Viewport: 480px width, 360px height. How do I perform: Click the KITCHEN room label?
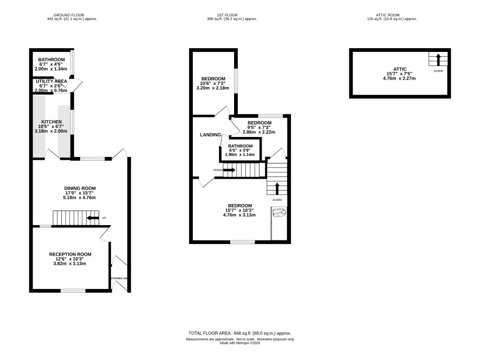pos(51,122)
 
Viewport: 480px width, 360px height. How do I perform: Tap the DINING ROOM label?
pos(80,188)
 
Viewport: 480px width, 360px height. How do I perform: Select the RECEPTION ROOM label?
pos(70,254)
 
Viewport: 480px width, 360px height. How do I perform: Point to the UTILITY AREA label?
pos(51,81)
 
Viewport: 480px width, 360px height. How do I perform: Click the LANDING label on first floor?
pos(210,135)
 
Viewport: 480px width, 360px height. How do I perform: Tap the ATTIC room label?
pos(400,69)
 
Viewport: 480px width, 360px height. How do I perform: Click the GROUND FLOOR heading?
pos(69,15)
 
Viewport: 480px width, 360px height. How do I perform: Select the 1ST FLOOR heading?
pos(227,15)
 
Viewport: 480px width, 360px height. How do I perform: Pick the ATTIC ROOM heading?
pos(387,15)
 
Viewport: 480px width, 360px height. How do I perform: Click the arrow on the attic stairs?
pos(438,60)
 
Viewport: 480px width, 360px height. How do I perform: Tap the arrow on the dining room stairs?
pos(93,218)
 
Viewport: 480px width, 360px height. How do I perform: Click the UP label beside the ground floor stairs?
pos(104,218)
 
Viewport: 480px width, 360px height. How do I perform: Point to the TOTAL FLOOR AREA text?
pos(239,333)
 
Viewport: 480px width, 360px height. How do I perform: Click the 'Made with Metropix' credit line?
pos(239,343)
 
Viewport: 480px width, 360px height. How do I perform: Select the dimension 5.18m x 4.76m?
pos(79,198)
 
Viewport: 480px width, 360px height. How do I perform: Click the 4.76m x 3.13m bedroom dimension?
pos(239,215)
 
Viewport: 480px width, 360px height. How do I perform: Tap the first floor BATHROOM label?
pos(241,146)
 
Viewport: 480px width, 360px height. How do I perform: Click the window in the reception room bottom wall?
pos(73,291)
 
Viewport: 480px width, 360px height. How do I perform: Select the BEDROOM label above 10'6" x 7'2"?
pos(213,79)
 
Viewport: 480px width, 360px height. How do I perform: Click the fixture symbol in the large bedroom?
pos(279,212)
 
